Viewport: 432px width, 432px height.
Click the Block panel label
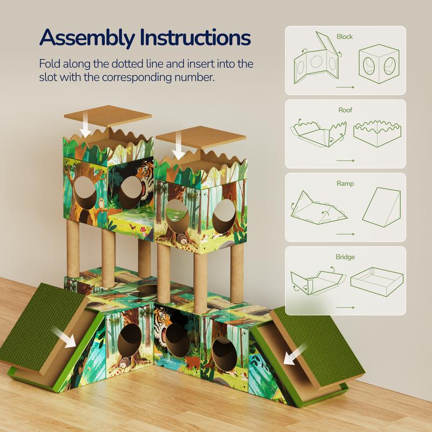(x=345, y=37)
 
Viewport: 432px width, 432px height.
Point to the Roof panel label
(x=345, y=110)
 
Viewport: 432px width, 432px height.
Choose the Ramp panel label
(x=345, y=184)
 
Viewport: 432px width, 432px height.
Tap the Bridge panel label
(x=345, y=257)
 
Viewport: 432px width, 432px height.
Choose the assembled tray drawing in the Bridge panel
(x=377, y=281)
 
